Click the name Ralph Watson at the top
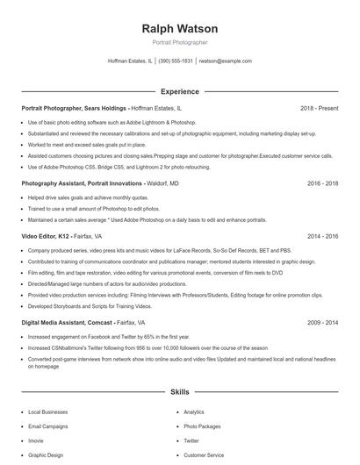pos(179,29)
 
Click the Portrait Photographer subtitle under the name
pos(179,42)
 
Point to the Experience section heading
pos(179,91)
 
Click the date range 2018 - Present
pos(319,108)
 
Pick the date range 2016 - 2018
pos(322,184)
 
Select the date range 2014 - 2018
pos(322,236)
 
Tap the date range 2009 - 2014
pos(322,323)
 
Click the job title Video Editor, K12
pos(47,236)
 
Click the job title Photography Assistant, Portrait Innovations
pos(82,184)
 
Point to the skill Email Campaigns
pos(47,426)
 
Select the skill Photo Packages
pos(201,426)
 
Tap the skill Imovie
pos(37,440)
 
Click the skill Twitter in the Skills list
pos(191,440)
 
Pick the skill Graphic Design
pos(45,455)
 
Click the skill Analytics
pos(194,411)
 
